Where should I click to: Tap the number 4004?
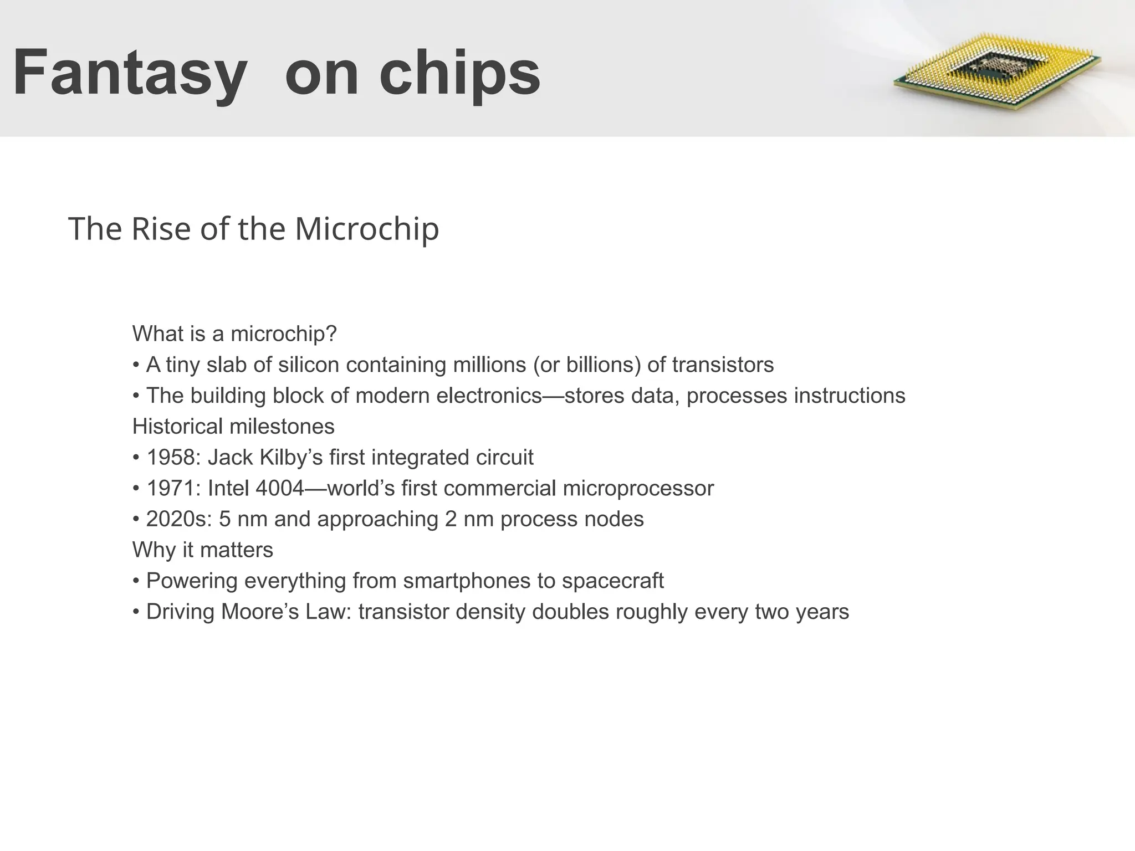tap(280, 489)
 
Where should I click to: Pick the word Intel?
tap(228, 489)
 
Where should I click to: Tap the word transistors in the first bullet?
tap(723, 365)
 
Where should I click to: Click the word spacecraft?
tap(612, 581)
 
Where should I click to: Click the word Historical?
tap(177, 427)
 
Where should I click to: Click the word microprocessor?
tap(638, 489)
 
